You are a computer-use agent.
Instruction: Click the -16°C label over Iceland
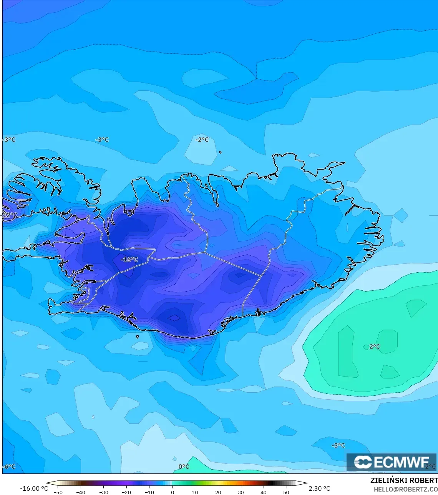pyautogui.click(x=129, y=260)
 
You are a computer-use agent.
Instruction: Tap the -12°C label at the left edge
pyautogui.click(x=10, y=215)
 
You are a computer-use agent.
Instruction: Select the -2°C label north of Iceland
pyautogui.click(x=202, y=140)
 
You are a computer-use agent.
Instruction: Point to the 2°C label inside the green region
pyautogui.click(x=375, y=347)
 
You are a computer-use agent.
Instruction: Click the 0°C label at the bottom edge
pyautogui.click(x=184, y=467)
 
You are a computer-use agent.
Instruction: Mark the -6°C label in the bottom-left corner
pyautogui.click(x=9, y=467)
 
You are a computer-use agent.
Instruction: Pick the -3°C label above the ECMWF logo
pyautogui.click(x=338, y=445)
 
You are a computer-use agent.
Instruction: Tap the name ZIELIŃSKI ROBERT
pyautogui.click(x=404, y=480)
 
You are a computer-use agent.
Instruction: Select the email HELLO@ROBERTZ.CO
pyautogui.click(x=406, y=489)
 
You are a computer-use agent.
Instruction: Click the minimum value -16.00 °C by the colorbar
pyautogui.click(x=34, y=488)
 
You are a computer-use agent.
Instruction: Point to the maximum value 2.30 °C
pyautogui.click(x=319, y=488)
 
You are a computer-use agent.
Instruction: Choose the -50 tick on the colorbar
pyautogui.click(x=57, y=492)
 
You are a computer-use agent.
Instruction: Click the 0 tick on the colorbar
pyautogui.click(x=173, y=492)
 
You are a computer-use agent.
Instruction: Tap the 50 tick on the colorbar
pyautogui.click(x=287, y=492)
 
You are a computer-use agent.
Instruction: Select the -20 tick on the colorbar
pyautogui.click(x=126, y=492)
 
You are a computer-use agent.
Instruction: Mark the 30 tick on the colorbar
pyautogui.click(x=241, y=492)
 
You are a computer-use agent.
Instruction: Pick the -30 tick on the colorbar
pyautogui.click(x=103, y=492)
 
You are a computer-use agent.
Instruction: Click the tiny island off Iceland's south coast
pyautogui.click(x=138, y=337)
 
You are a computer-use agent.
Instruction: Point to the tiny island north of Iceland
pyautogui.click(x=220, y=152)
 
